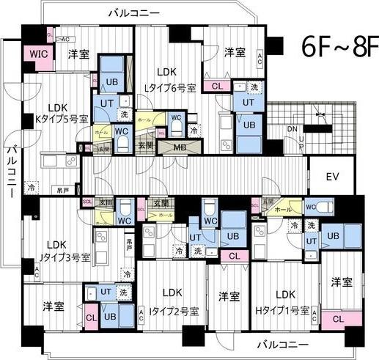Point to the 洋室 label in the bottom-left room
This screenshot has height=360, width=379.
click(53, 306)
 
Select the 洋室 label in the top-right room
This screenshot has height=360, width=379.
click(234, 52)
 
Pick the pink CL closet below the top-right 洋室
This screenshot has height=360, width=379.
click(216, 86)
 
